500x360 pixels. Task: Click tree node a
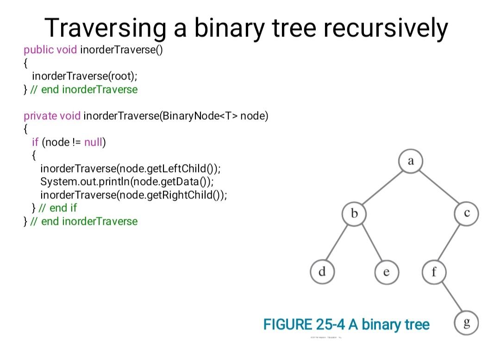(x=410, y=161)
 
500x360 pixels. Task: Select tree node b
(x=355, y=214)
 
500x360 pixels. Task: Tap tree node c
(x=466, y=213)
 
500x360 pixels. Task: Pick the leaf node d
(x=322, y=272)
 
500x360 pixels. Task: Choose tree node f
(x=434, y=272)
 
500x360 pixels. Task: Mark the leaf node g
(x=466, y=323)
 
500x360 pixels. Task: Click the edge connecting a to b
(x=382, y=188)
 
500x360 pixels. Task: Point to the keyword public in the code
(x=38, y=50)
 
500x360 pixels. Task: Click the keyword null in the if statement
(x=93, y=142)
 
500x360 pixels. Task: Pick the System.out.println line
(x=127, y=181)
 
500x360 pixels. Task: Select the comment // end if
(x=58, y=208)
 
